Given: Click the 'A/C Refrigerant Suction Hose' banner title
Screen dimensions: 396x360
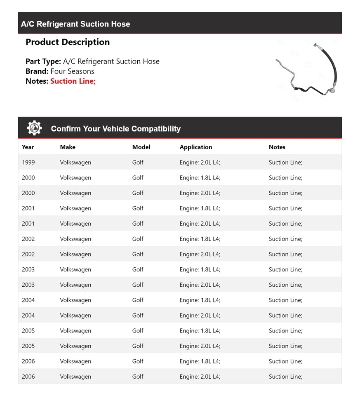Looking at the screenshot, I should [x=75, y=24].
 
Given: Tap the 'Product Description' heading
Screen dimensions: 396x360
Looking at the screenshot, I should [x=68, y=42].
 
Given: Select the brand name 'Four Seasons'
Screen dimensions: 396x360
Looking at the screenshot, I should [x=72, y=71].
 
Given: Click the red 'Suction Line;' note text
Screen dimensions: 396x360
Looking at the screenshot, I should [x=73, y=81].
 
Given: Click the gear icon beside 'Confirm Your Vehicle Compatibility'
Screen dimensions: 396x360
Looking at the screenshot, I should [x=34, y=128].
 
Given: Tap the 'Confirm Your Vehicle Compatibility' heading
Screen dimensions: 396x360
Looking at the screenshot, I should [x=116, y=129].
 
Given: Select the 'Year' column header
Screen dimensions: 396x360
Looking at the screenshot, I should [x=28, y=147].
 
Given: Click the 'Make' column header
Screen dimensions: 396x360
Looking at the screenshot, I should [x=68, y=147].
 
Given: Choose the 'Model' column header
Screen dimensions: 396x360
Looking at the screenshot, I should [x=141, y=147].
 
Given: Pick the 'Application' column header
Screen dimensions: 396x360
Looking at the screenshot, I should [x=196, y=147].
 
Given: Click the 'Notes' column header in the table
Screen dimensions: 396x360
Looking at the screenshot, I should [x=277, y=147].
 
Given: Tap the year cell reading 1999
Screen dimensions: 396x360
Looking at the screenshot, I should [x=28, y=163].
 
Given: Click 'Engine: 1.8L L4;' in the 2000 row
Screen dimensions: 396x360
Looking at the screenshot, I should [x=200, y=178].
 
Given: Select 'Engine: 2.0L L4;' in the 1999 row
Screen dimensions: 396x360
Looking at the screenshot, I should [x=200, y=163].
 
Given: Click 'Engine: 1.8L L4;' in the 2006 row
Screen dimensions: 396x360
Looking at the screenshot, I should [x=200, y=361].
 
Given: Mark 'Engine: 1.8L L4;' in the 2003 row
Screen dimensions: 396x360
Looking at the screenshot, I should [x=200, y=270].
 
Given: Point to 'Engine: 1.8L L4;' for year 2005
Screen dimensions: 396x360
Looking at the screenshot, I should [x=200, y=331].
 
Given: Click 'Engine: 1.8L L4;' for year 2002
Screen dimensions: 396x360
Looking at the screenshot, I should [x=200, y=239].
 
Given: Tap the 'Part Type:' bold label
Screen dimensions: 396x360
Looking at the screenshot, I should [x=43, y=61].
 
